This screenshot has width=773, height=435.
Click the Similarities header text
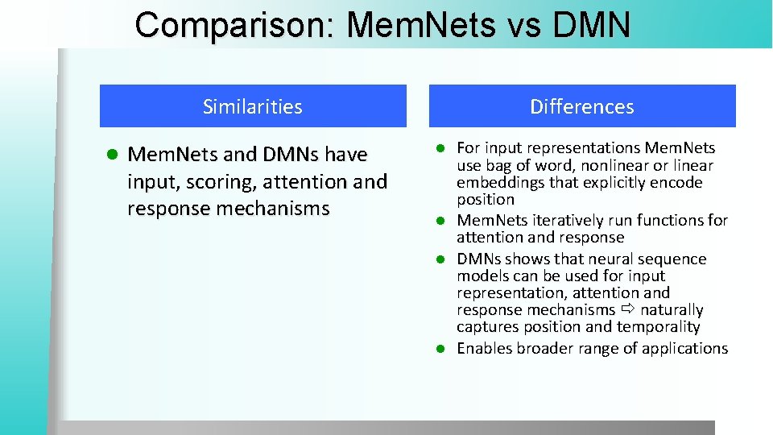pyautogui.click(x=253, y=106)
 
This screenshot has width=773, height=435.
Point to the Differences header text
pyautogui.click(x=582, y=106)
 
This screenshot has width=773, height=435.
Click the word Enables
pyautogui.click(x=486, y=348)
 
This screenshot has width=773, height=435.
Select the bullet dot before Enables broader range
pyautogui.click(x=440, y=349)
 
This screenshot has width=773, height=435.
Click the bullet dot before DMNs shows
pyautogui.click(x=440, y=259)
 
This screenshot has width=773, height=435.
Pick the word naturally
pyautogui.click(x=672, y=309)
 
